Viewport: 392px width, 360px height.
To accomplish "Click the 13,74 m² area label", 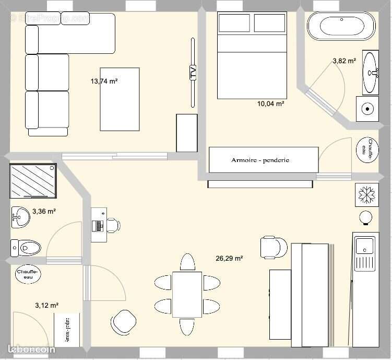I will (104, 81).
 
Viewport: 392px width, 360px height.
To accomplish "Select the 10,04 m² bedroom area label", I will (270, 103).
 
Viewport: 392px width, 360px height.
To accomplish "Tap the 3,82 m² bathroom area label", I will (344, 61).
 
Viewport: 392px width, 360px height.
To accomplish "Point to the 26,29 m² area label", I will (229, 258).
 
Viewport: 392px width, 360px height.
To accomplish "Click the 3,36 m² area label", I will (44, 212).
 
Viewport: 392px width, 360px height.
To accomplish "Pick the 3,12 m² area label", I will (46, 305).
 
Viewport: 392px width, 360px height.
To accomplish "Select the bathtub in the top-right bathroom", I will (341, 26).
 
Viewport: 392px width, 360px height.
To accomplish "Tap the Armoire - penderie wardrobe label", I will (260, 160).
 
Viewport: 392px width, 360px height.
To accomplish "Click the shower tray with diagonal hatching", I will (33, 181).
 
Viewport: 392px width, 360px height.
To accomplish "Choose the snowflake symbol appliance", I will (365, 194).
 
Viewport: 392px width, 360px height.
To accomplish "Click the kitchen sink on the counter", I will (364, 245).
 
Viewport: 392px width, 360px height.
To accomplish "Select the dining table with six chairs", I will (187, 294).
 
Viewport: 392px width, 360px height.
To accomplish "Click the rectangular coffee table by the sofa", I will (120, 99).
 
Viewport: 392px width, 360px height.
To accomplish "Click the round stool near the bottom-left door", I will (124, 321).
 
